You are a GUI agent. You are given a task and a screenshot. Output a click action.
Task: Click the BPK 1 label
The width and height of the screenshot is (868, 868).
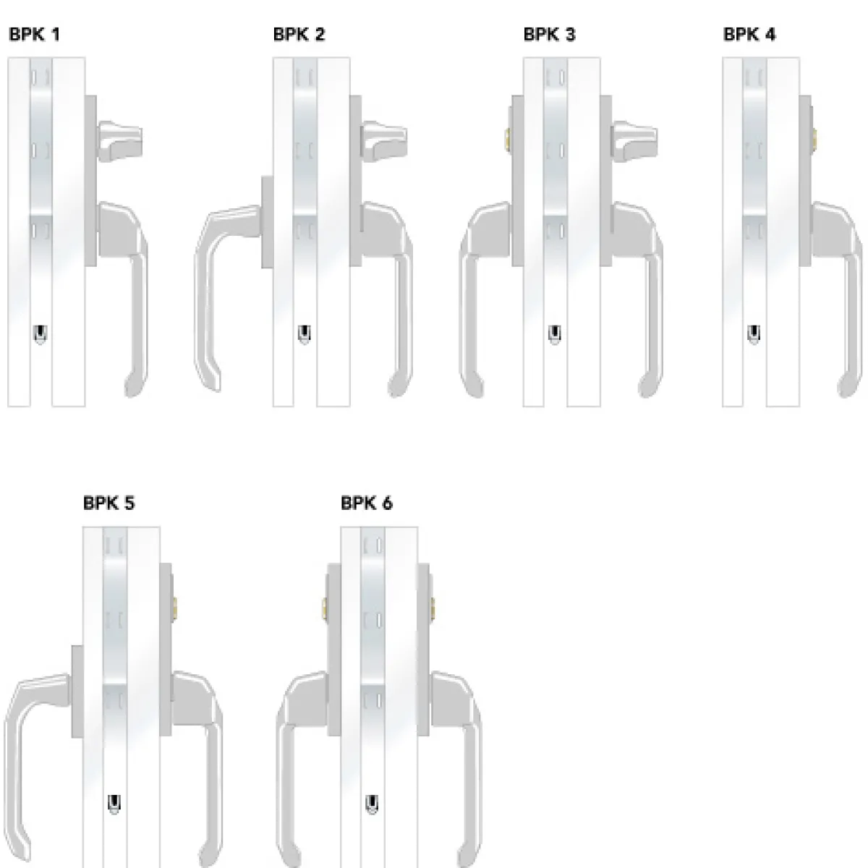[x=34, y=35]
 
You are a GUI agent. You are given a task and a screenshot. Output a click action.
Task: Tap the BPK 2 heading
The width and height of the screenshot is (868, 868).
[x=299, y=35]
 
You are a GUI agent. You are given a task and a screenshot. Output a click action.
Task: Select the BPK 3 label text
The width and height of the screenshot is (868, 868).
[x=549, y=35]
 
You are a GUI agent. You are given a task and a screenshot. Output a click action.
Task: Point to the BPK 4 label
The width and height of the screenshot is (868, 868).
[x=749, y=35]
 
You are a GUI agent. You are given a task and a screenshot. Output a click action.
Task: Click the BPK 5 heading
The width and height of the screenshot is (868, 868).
[x=109, y=503]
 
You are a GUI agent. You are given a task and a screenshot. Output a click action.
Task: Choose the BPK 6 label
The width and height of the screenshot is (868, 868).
[x=367, y=503]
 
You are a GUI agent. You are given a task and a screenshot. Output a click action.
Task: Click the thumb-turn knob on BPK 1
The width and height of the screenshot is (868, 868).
[x=120, y=141]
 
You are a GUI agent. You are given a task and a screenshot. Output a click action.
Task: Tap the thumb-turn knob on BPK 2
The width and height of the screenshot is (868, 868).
[x=384, y=141]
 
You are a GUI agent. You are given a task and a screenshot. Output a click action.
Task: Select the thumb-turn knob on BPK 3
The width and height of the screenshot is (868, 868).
[x=634, y=141]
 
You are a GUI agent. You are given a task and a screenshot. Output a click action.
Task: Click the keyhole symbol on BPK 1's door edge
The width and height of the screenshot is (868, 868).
[x=41, y=334]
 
